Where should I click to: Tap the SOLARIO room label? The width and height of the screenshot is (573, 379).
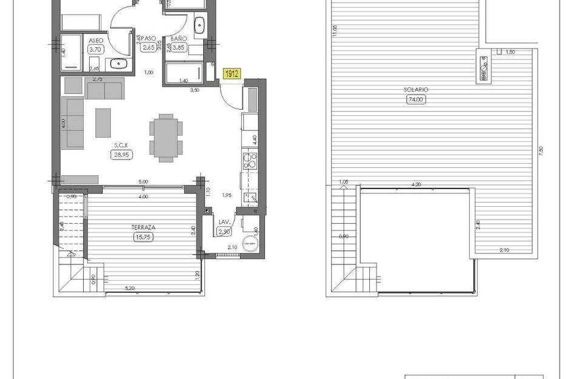[416, 90]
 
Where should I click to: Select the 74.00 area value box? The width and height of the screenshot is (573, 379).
[416, 100]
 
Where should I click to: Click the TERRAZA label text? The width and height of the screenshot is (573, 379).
[144, 227]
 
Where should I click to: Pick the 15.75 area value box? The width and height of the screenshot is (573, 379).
[144, 237]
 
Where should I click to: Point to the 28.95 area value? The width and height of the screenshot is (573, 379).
[121, 155]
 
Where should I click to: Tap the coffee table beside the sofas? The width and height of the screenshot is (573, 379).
[103, 122]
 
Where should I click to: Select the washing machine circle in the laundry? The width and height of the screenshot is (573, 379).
[250, 243]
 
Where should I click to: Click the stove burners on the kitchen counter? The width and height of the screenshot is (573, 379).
[250, 161]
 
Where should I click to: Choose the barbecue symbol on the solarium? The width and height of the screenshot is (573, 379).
[484, 68]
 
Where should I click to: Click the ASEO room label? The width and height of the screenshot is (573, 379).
[95, 41]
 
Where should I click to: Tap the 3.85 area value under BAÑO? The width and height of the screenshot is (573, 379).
[178, 47]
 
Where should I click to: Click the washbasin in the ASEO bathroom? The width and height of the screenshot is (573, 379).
[118, 62]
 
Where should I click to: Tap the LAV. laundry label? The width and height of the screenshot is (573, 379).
[223, 223]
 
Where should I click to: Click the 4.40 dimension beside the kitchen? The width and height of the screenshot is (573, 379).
[255, 138]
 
